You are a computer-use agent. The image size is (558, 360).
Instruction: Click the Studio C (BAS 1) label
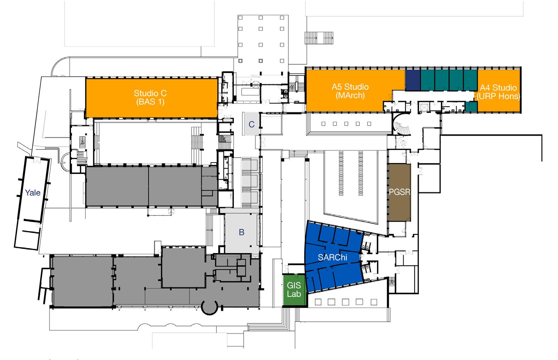point(150,97)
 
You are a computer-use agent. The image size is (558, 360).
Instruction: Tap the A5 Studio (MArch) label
point(350,91)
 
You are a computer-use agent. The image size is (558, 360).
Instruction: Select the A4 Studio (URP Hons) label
point(498,92)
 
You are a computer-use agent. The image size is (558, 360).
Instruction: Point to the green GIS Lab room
point(294,289)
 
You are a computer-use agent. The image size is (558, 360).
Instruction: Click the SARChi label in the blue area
point(332,258)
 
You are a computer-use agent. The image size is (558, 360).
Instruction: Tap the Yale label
point(32,193)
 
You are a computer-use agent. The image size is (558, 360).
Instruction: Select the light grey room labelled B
point(242,231)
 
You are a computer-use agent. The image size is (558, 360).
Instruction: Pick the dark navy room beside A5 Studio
point(413,80)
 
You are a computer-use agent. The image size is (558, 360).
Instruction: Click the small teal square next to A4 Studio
point(471,106)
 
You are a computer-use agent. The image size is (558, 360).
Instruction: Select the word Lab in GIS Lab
point(294,294)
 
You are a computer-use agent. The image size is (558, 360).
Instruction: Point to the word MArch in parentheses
point(350,96)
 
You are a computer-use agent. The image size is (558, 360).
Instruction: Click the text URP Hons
point(498,96)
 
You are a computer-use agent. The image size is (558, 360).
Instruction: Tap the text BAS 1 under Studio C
point(150,102)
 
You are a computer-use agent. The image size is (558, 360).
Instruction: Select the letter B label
point(242,233)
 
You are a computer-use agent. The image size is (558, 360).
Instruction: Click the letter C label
point(252,124)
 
